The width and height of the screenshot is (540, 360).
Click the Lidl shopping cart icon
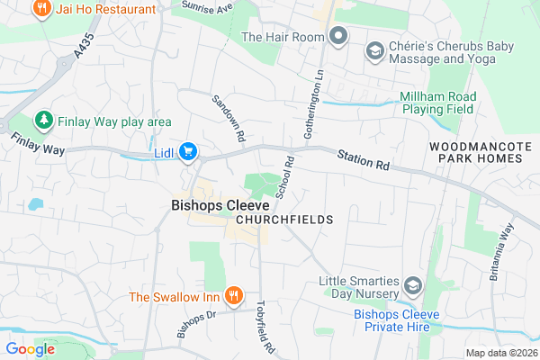188,151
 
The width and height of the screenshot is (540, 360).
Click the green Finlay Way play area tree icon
41,121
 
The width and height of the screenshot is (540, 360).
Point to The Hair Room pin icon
338,37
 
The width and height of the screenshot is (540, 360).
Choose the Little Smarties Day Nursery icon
412,286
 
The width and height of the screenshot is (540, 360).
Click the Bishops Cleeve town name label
208,205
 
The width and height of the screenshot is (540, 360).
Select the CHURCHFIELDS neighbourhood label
284,220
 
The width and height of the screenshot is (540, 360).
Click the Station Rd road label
364,159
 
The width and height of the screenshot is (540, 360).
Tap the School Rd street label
285,178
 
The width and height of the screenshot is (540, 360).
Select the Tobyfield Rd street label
265,326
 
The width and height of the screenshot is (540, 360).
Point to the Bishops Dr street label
197,324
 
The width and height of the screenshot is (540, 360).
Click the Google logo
31,349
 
